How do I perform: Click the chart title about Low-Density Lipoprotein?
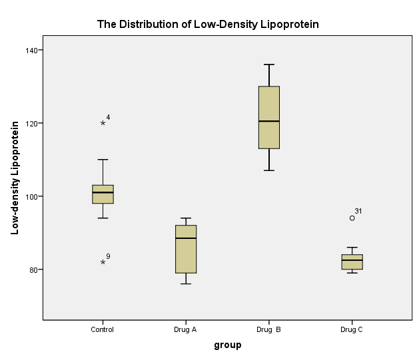point(208,24)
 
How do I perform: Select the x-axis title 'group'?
point(227,345)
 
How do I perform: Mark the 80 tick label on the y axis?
point(32,270)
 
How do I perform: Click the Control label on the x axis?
point(103,329)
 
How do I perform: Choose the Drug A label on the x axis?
point(186,329)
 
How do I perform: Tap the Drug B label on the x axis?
point(269,329)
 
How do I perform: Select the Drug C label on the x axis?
point(352,329)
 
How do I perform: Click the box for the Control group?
point(103,194)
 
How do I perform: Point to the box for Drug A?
point(186,249)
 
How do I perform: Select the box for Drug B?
point(269,117)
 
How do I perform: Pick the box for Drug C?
point(352,262)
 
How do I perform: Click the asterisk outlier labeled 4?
point(103,123)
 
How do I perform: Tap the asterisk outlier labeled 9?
point(103,262)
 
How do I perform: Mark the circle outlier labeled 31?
point(352,218)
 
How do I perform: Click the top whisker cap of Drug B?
point(269,65)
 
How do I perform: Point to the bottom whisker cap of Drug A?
point(186,284)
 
